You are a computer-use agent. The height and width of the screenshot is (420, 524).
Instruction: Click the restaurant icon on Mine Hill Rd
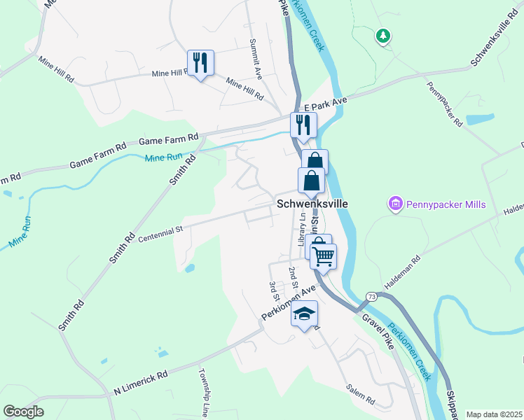[200, 63]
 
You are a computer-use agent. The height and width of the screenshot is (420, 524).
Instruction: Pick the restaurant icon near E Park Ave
[303, 125]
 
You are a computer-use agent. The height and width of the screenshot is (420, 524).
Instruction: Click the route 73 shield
[371, 297]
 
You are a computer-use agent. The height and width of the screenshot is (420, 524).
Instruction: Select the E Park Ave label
[326, 102]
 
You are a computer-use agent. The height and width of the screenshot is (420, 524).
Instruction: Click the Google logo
[23, 412]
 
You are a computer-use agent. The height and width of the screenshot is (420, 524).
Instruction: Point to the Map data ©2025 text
[493, 414]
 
